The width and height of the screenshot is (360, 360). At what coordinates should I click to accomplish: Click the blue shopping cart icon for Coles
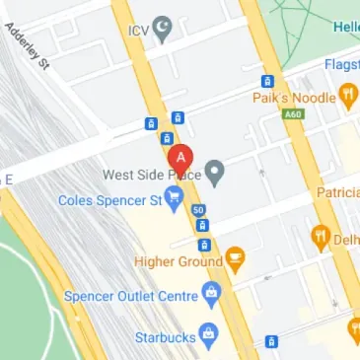click(175, 201)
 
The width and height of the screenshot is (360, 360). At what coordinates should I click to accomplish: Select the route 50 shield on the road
click(199, 210)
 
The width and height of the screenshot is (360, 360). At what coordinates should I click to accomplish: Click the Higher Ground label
click(180, 261)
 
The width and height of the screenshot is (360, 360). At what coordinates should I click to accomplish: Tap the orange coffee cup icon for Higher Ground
click(235, 261)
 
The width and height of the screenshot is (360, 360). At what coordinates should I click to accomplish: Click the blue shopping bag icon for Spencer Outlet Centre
click(210, 293)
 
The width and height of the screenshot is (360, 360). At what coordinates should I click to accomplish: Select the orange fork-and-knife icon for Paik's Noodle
click(348, 95)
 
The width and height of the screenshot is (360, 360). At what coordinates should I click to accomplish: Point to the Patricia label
click(337, 192)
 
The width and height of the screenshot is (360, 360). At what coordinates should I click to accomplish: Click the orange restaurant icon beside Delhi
click(321, 237)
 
